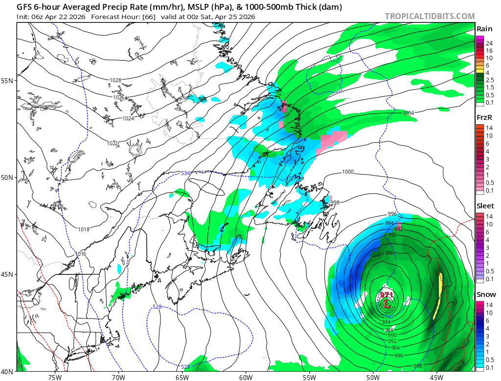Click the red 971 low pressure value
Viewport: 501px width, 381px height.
[387, 295]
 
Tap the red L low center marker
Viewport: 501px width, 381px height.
[387, 304]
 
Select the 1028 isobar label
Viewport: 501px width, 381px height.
[101, 80]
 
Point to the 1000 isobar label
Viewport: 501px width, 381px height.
[347, 172]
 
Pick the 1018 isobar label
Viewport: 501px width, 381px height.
[84, 229]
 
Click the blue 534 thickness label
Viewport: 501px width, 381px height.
[185, 173]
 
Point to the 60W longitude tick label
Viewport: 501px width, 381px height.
[246, 377]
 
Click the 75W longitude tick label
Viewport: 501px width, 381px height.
[55, 377]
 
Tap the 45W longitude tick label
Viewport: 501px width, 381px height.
[436, 377]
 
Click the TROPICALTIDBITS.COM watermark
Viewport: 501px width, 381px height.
[430, 16]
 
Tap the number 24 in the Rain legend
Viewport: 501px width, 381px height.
[489, 44]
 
